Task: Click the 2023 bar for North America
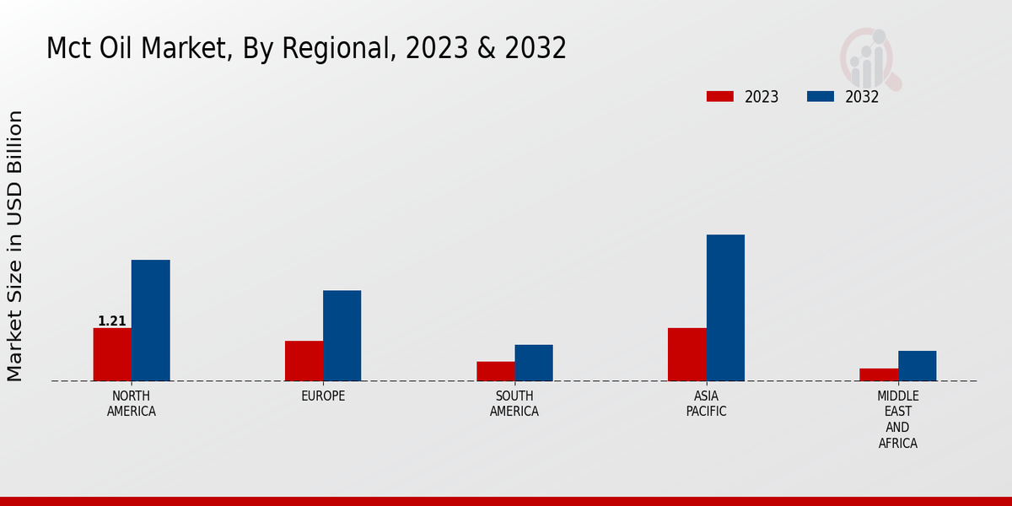112,354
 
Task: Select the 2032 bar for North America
150,320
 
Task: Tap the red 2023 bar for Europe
304,361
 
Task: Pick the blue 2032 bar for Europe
342,336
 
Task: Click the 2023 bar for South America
495,371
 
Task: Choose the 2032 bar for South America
534,363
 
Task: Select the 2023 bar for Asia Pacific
686,354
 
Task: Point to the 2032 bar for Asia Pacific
725,308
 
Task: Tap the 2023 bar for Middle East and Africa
879,374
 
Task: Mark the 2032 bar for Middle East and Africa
917,366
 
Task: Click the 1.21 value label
112,321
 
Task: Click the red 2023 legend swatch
720,96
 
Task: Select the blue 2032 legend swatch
821,96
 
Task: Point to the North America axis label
132,404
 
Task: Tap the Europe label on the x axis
323,396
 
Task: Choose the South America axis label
514,404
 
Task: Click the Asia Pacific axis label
706,404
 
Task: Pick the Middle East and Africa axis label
898,420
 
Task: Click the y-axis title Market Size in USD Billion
15,245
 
